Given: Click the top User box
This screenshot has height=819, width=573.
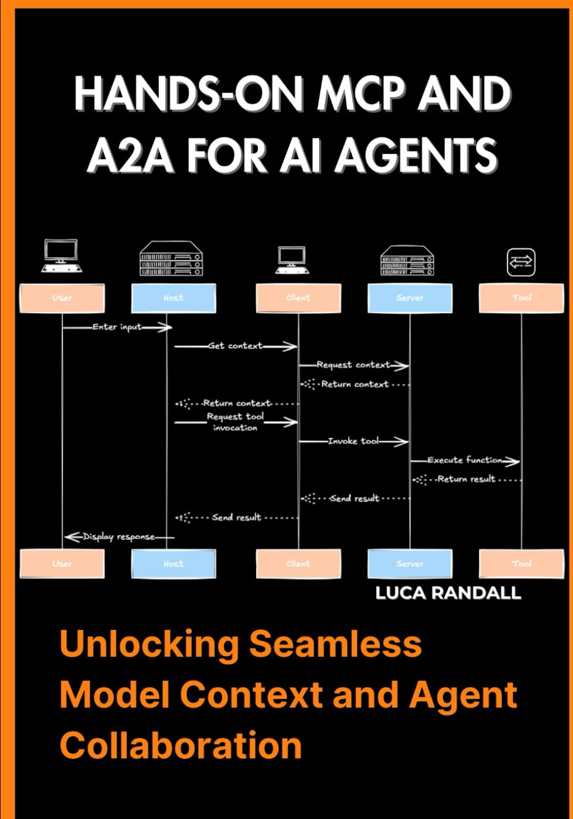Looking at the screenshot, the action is pos(62,298).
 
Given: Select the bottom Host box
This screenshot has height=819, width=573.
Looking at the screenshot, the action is pos(174,564).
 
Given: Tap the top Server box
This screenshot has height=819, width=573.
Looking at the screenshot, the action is pos(410,298).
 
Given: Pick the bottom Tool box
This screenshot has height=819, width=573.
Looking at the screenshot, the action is pos(521,564).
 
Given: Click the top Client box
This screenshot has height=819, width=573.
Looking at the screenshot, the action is pos(298,298).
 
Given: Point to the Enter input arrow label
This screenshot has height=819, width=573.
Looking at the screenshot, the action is pos(117,327).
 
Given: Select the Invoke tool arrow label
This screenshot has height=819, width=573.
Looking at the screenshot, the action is pos(353,441).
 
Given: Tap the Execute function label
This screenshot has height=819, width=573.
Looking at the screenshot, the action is pos(465,460).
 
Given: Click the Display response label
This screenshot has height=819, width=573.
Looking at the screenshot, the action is pos(119,537).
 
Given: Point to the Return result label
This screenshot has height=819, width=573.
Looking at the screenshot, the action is pos(466,479).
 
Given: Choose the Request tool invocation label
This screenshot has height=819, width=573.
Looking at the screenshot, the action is pos(235,422).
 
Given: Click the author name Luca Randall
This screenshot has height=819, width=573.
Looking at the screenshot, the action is pos(448,593).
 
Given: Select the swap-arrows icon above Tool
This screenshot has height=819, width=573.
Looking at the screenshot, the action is pos(521,262).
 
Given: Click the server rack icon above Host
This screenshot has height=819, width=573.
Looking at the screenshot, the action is pos(170,258).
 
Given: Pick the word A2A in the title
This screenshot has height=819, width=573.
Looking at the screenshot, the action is pos(130,155).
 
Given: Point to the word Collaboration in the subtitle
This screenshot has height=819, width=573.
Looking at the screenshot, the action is pos(180,745).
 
